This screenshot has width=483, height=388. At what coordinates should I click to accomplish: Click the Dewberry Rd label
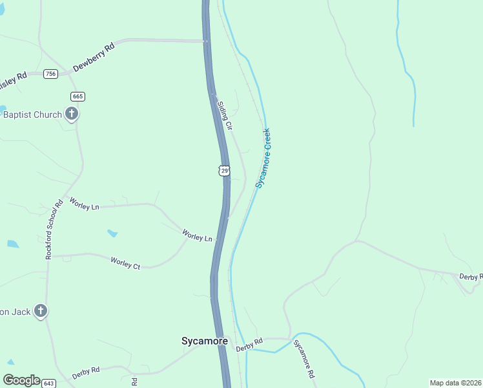[94, 57]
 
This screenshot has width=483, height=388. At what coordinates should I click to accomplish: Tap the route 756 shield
[51, 74]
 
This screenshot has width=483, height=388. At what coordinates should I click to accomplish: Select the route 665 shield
[78, 96]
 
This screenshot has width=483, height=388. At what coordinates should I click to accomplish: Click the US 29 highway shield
[223, 170]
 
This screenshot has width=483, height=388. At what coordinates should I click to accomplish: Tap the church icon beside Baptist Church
[72, 115]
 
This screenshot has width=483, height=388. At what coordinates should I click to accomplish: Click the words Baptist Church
[32, 115]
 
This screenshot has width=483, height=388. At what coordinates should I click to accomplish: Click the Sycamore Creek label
[263, 158]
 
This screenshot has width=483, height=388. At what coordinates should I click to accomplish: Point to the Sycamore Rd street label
[303, 359]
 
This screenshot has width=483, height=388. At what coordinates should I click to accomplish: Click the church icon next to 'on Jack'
[40, 312]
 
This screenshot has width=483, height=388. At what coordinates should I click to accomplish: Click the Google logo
[21, 380]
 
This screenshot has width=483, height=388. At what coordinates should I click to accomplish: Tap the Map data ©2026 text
[455, 383]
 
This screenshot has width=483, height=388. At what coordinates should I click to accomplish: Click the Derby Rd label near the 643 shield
[86, 372]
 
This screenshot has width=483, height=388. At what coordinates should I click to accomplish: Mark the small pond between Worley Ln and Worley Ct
[112, 233]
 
